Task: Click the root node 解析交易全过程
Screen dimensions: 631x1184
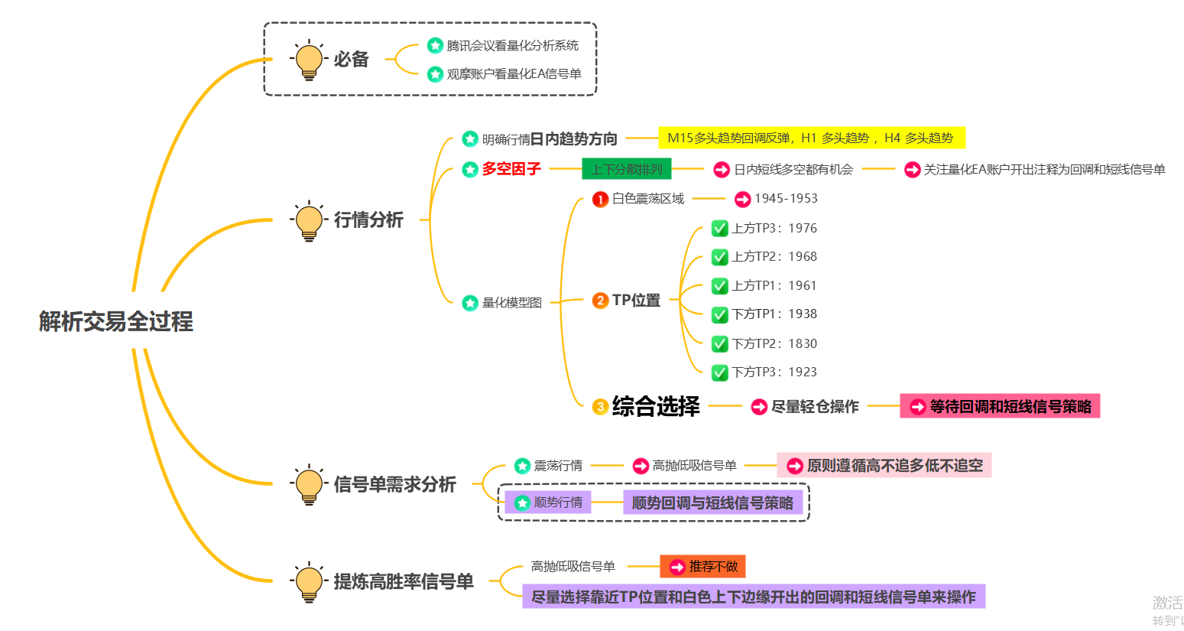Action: [116, 321]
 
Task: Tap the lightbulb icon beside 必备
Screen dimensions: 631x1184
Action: [309, 60]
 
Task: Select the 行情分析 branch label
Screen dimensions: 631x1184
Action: [368, 220]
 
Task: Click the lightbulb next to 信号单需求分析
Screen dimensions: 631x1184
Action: [309, 485]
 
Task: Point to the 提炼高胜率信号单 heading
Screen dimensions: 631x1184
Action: [404, 582]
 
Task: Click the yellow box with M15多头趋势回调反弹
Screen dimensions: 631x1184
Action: [811, 138]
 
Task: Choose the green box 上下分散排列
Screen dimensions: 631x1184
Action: [626, 169]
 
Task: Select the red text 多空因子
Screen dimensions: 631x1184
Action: [511, 169]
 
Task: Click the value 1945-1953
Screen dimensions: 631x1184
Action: [786, 199]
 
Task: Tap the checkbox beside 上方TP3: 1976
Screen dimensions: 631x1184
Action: [719, 228]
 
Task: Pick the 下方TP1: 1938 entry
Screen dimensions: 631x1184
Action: [774, 314]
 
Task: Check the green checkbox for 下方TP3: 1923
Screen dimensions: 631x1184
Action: [719, 372]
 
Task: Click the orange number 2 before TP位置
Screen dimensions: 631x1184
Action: [600, 301]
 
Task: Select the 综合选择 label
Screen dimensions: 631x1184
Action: [656, 407]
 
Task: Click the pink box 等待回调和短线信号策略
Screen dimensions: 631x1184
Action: [1000, 407]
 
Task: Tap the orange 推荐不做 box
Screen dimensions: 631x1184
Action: [702, 567]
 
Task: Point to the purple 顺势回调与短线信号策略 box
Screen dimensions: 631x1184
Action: [712, 503]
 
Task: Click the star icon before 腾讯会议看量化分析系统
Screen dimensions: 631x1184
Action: [435, 46]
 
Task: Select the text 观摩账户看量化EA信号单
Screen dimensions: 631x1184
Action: [514, 74]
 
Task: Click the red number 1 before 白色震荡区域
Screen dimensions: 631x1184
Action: [600, 200]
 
